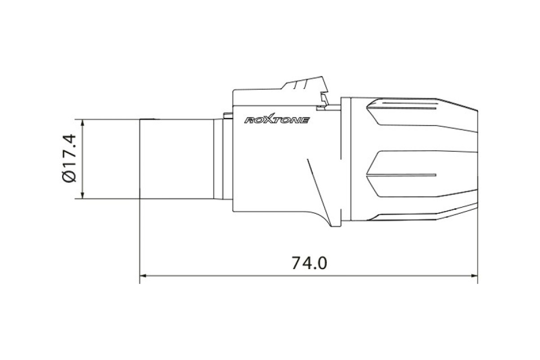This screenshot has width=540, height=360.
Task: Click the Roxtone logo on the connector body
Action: pyautogui.click(x=277, y=119)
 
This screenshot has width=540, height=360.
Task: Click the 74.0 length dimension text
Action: pyautogui.click(x=309, y=263)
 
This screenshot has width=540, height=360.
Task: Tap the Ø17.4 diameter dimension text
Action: pyautogui.click(x=69, y=158)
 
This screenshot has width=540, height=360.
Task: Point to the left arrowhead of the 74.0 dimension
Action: pyautogui.click(x=143, y=275)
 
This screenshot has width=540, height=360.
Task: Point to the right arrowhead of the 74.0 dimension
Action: pyautogui.click(x=474, y=275)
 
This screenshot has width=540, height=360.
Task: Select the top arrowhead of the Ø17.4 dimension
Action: pyautogui.click(x=83, y=123)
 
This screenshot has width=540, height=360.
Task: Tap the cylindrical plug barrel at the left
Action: pyautogui.click(x=176, y=159)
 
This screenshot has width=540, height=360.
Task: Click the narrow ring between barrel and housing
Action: pyautogui.click(x=218, y=159)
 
